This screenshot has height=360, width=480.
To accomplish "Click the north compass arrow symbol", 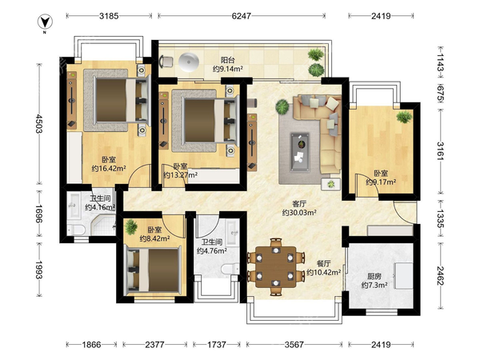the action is click(x=45, y=22).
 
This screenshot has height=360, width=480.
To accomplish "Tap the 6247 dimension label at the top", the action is click(x=242, y=16).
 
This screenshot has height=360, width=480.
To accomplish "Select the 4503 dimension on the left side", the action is click(x=39, y=123).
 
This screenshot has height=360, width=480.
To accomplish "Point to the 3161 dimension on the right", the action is click(x=441, y=151).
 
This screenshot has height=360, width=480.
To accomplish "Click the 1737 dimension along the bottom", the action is click(x=217, y=345).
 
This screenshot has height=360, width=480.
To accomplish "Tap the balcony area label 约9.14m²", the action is click(x=228, y=69).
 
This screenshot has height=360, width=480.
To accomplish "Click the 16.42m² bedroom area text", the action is click(x=109, y=168).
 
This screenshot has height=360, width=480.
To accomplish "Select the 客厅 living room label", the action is click(x=299, y=203).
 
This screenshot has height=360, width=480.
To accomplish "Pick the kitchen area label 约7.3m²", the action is click(x=374, y=286).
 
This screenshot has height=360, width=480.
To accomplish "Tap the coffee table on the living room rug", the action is click(x=301, y=151).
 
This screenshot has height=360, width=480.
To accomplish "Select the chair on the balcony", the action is click(x=166, y=62).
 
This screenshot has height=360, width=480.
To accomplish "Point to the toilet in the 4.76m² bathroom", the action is click(x=230, y=269).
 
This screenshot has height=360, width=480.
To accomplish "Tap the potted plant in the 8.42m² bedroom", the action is click(x=131, y=227).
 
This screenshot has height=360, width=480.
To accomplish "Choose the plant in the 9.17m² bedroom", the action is click(x=404, y=117).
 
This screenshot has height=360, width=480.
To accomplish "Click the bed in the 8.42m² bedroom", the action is click(x=153, y=270).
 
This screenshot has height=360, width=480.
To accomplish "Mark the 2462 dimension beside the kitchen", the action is click(x=441, y=276).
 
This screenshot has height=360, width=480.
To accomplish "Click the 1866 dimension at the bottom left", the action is click(x=91, y=345).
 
